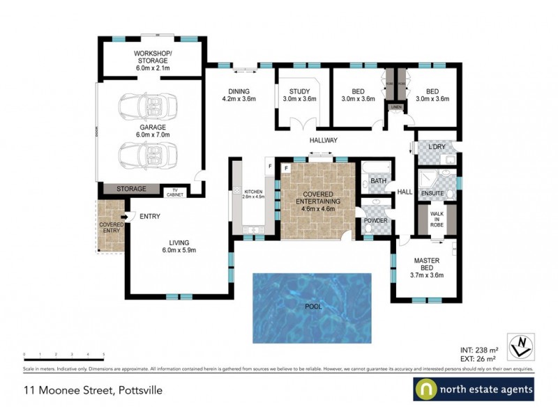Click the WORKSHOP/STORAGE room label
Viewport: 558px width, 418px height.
pyautogui.click(x=151, y=61)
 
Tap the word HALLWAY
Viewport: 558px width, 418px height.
pyautogui.click(x=324, y=140)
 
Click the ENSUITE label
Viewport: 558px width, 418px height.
pyautogui.click(x=432, y=192)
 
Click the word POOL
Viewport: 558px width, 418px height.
pyautogui.click(x=312, y=307)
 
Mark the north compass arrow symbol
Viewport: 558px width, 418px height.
pyautogui.click(x=520, y=342)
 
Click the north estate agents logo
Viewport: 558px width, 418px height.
pyautogui.click(x=474, y=389)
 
